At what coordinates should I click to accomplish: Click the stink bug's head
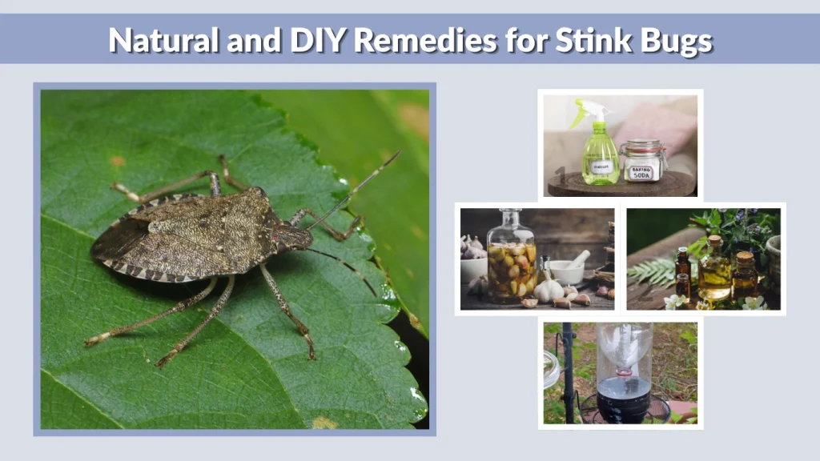point(293,238)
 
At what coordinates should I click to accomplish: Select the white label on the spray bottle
point(601,166)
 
